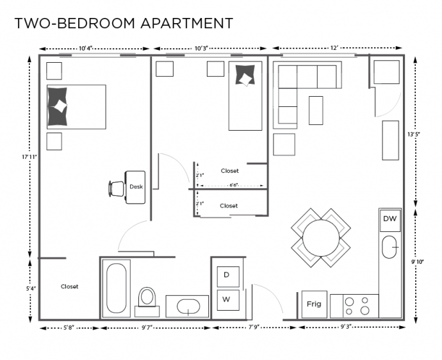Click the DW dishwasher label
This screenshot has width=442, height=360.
390,219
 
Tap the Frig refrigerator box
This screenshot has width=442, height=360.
314,304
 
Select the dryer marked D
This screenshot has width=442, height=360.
227,275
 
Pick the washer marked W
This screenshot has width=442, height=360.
227,299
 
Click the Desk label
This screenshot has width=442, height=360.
136,187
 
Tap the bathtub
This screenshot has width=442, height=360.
116,288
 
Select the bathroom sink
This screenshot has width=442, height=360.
187,306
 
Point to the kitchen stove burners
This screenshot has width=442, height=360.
357,306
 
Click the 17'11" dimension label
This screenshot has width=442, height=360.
28,156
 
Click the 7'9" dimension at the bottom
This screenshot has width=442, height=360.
254,327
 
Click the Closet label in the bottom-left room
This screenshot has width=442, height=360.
69,286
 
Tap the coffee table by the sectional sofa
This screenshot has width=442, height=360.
315,110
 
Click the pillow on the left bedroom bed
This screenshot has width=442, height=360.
59,106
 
